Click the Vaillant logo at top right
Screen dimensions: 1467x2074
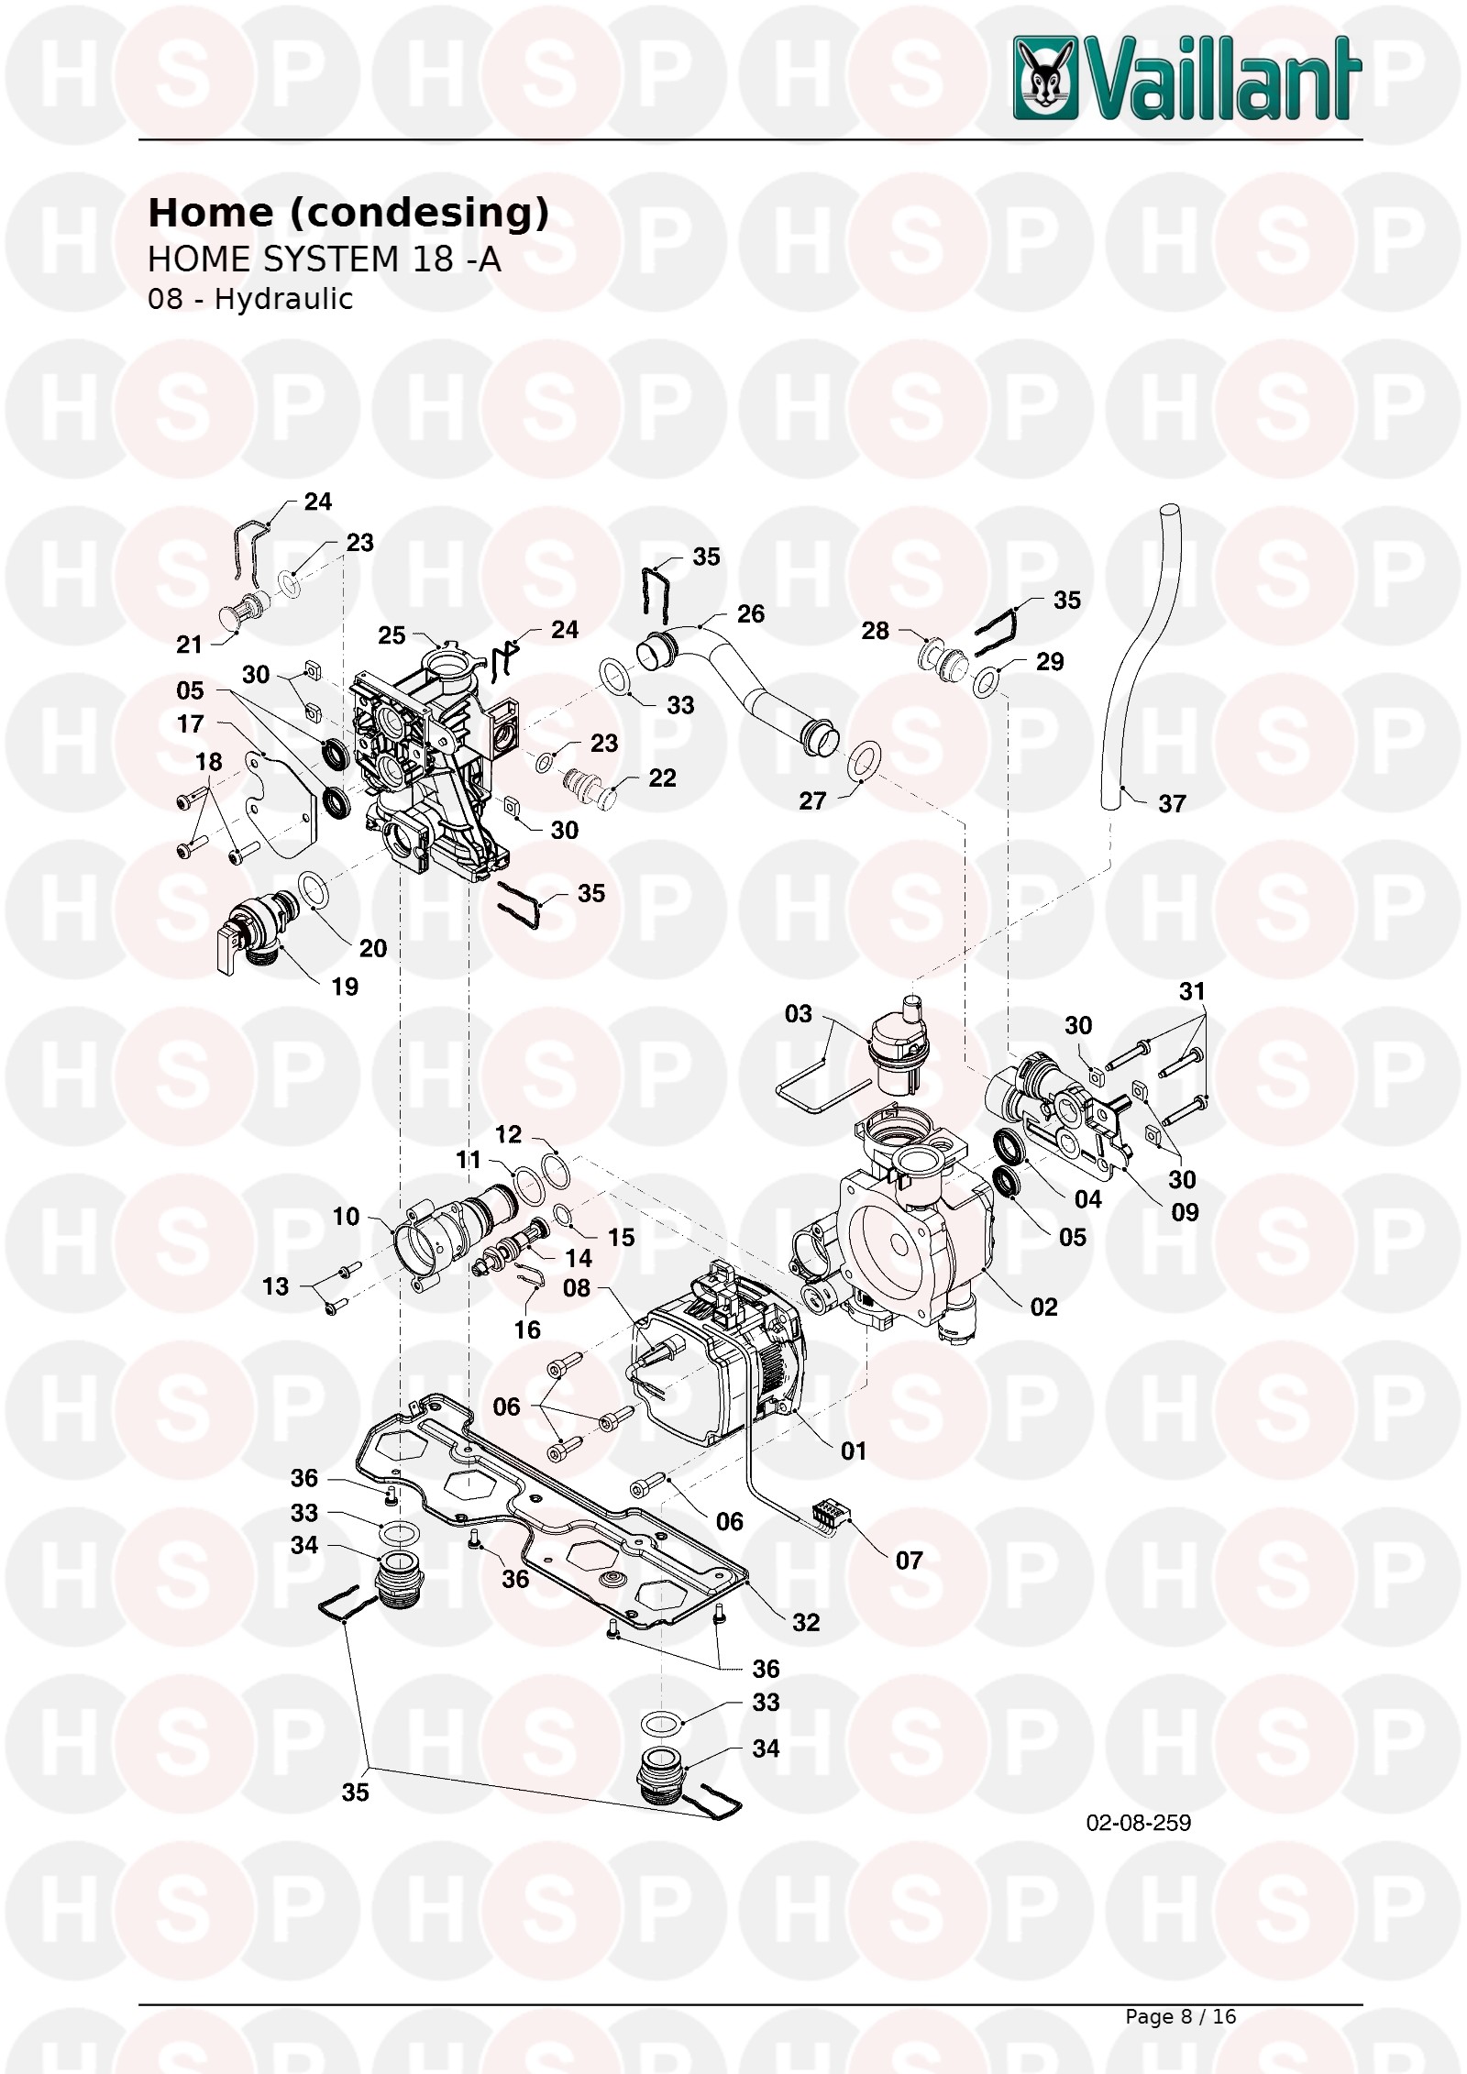(1186, 79)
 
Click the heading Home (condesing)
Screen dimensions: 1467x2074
(348, 213)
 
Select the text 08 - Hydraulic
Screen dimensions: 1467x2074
(250, 299)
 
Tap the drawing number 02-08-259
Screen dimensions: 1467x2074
(1138, 1823)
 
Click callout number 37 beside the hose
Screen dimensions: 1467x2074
(1172, 804)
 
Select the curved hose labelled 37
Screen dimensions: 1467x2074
(1141, 656)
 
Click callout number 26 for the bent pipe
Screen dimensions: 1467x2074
(750, 614)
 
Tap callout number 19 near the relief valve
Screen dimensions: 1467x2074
(345, 987)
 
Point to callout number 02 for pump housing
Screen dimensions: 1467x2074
(1043, 1307)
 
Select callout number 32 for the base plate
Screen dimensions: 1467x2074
(806, 1622)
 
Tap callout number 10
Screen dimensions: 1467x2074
(346, 1216)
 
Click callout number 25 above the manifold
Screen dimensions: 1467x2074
(392, 635)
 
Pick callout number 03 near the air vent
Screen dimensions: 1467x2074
(799, 1013)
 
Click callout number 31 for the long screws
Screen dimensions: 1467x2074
(1192, 991)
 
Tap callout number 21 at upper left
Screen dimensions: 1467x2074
(189, 645)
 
